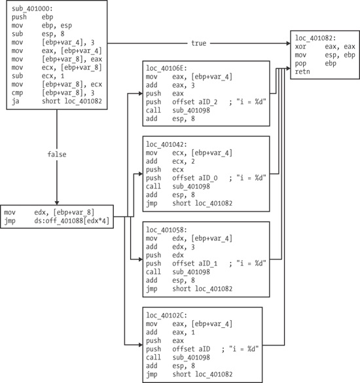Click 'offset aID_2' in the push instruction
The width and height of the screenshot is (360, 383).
196,100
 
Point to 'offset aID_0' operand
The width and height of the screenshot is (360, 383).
196,177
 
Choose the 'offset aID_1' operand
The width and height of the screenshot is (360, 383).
196,263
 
